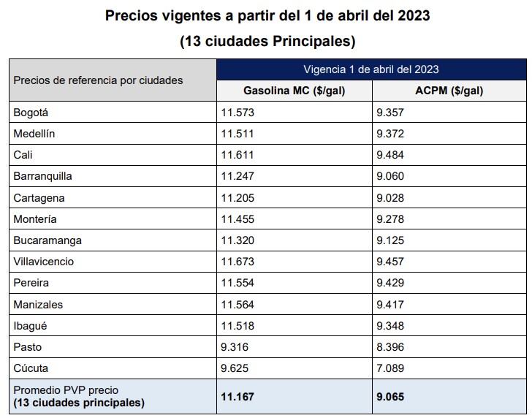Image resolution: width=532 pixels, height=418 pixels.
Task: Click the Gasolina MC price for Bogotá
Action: coord(237,113)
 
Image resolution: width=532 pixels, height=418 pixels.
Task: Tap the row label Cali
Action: coord(23,155)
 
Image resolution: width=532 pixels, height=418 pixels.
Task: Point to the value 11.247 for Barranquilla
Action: coord(237,176)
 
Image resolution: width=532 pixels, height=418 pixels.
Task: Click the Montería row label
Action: coord(35,219)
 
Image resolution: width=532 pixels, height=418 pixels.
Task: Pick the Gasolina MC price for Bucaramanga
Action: coord(237,240)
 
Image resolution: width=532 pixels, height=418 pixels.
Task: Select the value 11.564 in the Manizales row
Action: coord(237,305)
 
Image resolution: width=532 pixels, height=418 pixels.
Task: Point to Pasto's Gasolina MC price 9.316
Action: coord(235,347)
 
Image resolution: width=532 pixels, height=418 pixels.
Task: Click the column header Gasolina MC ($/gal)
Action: coord(294,91)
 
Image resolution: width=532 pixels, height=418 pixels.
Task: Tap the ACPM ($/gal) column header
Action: coord(449,91)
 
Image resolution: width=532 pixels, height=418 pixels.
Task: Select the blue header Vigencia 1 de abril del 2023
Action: coord(371,69)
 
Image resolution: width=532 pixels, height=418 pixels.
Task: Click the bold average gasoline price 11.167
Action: coord(238,397)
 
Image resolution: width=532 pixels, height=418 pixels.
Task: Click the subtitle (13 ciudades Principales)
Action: coord(267,41)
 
